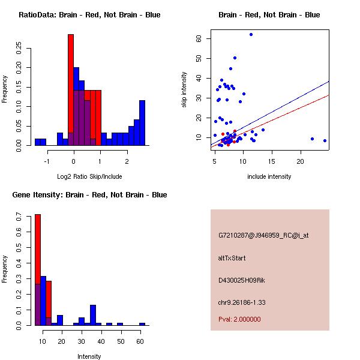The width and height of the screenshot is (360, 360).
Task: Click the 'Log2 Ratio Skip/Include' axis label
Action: click(x=89, y=176)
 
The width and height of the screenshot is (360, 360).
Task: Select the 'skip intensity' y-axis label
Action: click(x=184, y=90)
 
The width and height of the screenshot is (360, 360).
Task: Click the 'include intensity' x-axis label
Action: click(x=269, y=176)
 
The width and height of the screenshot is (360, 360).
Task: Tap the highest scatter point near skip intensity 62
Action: click(x=251, y=35)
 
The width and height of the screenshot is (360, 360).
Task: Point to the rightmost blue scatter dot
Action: click(x=325, y=140)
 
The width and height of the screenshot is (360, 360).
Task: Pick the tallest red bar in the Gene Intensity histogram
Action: click(x=37, y=270)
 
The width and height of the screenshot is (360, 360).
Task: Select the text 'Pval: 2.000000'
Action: click(x=239, y=319)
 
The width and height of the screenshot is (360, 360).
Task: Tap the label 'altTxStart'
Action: click(x=232, y=258)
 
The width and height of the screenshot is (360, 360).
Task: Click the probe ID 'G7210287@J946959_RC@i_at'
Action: click(x=263, y=236)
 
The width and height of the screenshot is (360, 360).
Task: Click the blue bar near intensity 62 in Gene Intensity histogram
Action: click(x=142, y=324)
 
